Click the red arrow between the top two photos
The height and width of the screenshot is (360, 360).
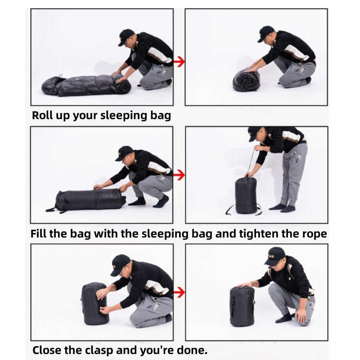click(x=179, y=62)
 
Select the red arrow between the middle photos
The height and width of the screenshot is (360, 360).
click(x=179, y=175)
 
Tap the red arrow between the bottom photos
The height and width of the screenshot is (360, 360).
click(x=179, y=292)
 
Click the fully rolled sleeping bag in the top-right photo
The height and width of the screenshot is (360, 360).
click(x=246, y=80)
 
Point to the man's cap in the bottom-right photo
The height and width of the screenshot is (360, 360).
click(x=275, y=256)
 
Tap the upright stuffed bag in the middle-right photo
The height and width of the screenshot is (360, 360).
click(x=246, y=195)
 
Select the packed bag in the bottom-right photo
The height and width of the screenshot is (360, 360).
click(x=242, y=306)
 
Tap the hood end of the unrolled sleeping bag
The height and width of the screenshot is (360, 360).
click(x=50, y=86)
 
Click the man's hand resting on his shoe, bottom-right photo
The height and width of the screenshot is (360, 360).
click(x=301, y=316)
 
